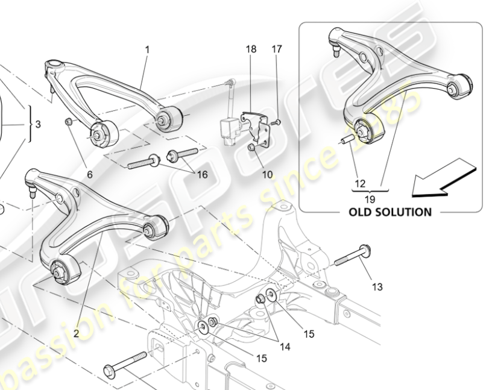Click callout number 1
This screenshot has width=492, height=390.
(x=147, y=49)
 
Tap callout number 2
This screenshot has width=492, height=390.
(x=77, y=333)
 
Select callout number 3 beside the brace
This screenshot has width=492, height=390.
(x=38, y=125)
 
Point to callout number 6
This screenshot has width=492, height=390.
(x=89, y=175)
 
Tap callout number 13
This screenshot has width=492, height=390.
(x=377, y=288)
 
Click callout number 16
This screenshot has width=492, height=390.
(x=202, y=174)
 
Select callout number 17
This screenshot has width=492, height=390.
(x=277, y=49)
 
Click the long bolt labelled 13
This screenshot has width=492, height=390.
(x=353, y=257)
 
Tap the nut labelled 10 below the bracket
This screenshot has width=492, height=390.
(x=253, y=146)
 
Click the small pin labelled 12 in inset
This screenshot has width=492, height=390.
(x=347, y=140)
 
